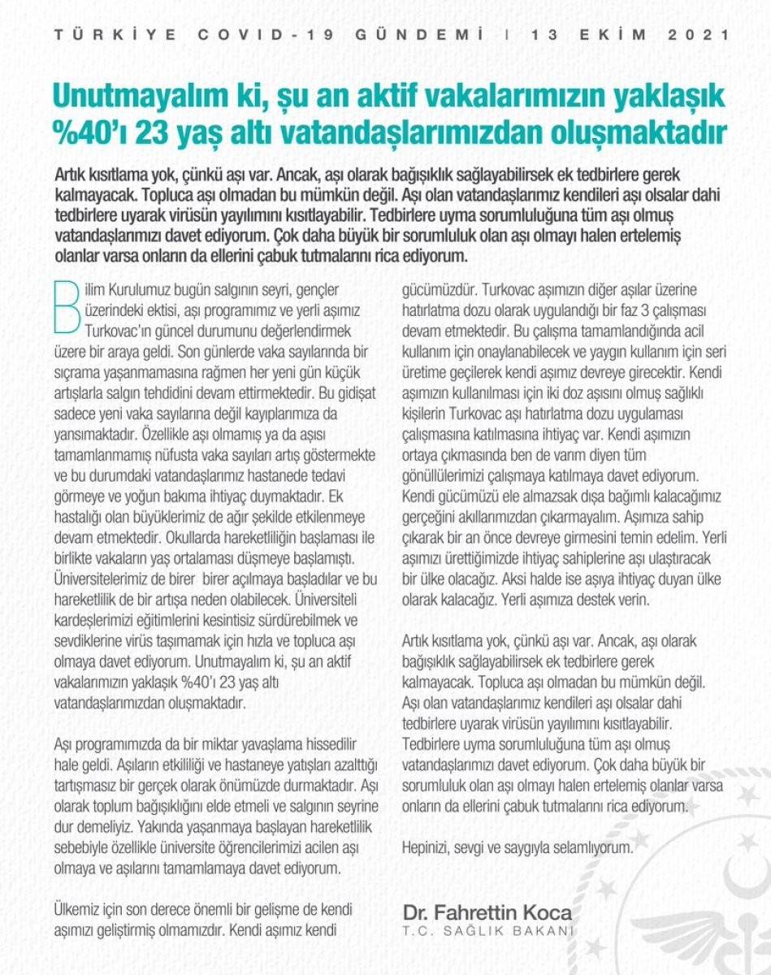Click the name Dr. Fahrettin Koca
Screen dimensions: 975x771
(487, 912)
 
